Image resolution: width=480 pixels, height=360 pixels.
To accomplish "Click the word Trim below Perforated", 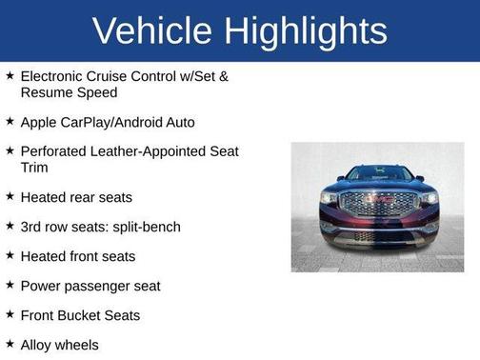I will pos(35,167).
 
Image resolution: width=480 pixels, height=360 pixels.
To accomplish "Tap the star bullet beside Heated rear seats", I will pos(9,196).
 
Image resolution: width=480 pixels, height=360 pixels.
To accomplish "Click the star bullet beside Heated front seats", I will pos(9,255).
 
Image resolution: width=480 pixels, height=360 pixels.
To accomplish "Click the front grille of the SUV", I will pos(378,203).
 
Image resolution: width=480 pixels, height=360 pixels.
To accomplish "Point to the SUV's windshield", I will pos(378,174).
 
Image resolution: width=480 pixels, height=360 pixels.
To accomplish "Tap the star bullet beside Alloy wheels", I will pos(9,344).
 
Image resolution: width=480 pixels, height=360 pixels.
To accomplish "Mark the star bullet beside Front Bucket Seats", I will pos(9,314).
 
